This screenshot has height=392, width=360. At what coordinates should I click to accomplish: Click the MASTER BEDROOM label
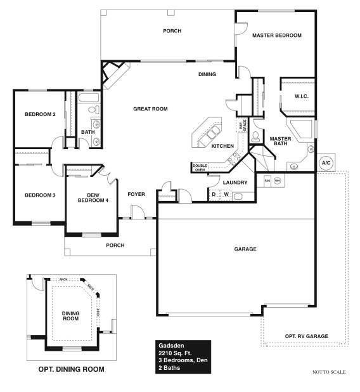pyautogui.click(x=276, y=36)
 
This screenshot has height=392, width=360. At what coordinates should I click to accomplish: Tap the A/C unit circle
pyautogui.click(x=326, y=162)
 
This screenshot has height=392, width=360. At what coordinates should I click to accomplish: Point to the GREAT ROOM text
pyautogui.click(x=150, y=109)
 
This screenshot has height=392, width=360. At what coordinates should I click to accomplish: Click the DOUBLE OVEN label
pyautogui.click(x=200, y=167)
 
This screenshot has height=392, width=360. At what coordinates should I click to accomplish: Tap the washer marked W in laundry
pyautogui.click(x=226, y=194)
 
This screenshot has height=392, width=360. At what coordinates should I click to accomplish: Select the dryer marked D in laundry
pyautogui.click(x=214, y=194)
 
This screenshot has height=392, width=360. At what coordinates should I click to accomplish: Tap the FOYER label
pyautogui.click(x=136, y=195)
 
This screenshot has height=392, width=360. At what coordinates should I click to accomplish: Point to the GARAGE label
pyautogui.click(x=245, y=249)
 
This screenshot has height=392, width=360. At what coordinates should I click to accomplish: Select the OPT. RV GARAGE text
pyautogui.click(x=305, y=336)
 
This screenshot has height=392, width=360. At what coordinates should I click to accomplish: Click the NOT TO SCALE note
pyautogui.click(x=329, y=372)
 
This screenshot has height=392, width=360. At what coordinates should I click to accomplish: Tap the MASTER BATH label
pyautogui.click(x=280, y=141)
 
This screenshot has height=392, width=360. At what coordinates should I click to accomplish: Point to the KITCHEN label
pyautogui.click(x=222, y=147)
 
